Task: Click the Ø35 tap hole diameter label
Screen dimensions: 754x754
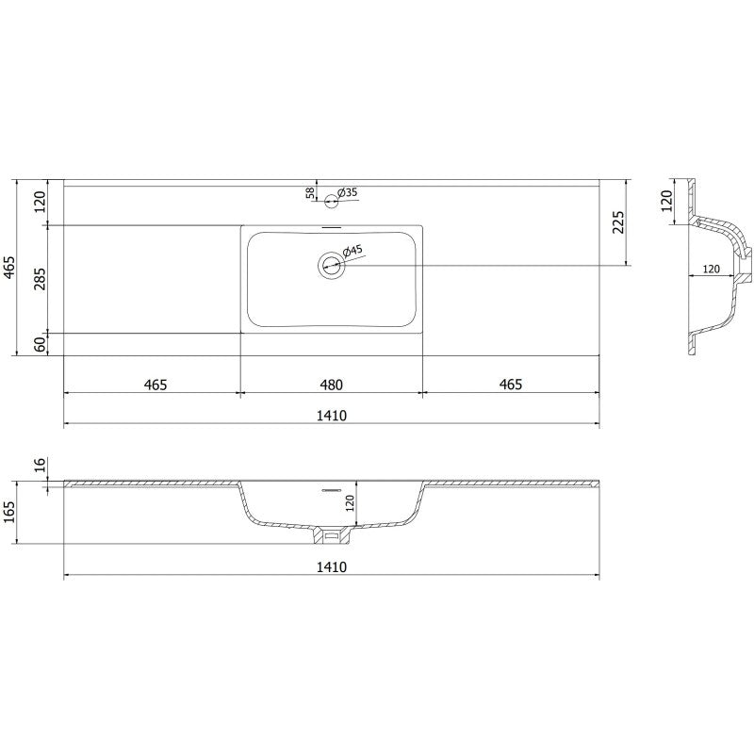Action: tap(348, 193)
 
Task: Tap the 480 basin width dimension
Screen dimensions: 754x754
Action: tap(330, 385)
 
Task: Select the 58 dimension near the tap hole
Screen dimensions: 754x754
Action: tap(310, 193)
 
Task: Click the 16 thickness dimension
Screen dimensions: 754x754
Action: tap(40, 466)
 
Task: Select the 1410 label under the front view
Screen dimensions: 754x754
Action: tap(331, 566)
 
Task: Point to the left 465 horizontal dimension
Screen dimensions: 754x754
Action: tap(156, 385)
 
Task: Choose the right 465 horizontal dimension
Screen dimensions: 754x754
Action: tap(509, 385)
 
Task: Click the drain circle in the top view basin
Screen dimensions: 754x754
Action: tap(331, 265)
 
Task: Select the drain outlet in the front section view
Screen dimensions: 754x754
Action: tap(331, 536)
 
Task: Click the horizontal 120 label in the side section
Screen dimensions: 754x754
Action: tap(712, 269)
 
